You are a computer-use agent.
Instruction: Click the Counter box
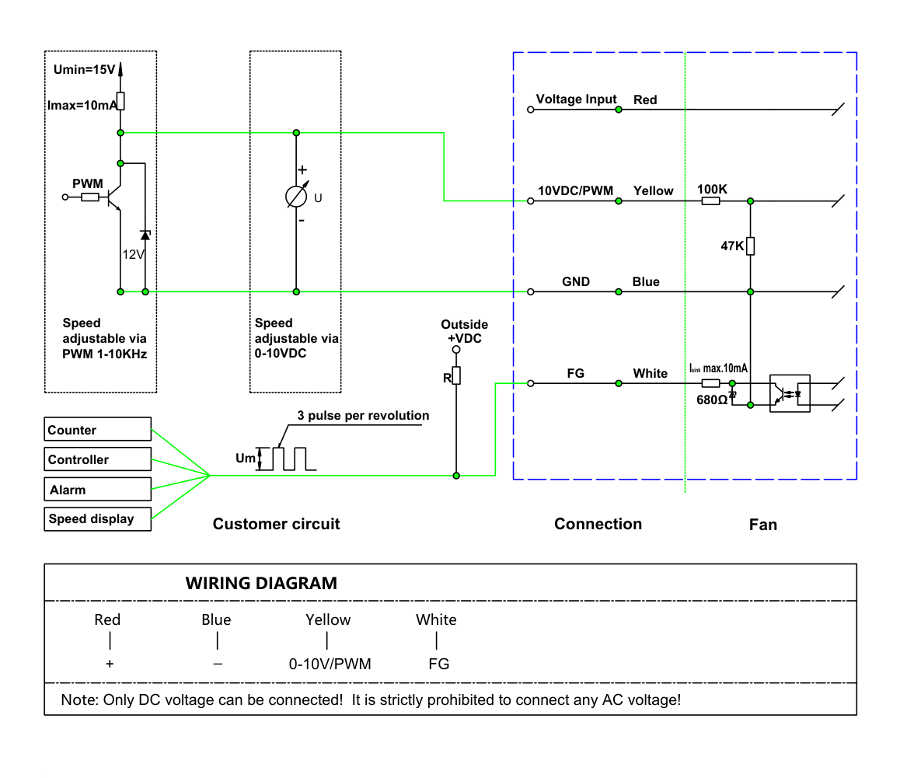coord(98,429)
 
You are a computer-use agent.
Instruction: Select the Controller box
coord(98,459)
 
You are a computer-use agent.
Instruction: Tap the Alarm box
coord(98,489)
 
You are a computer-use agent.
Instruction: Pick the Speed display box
coord(98,519)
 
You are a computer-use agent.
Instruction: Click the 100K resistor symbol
coord(710,201)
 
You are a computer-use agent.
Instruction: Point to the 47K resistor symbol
coord(750,246)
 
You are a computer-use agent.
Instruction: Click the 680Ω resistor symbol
coord(710,383)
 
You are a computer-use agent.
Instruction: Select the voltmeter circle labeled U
coord(296,197)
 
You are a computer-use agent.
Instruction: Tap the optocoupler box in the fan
coord(790,393)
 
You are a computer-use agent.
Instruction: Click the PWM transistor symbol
coord(113,197)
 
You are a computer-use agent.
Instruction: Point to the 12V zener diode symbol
coord(145,235)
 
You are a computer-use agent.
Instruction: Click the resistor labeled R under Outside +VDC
coord(456,375)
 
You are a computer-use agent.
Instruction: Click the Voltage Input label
coord(576,99)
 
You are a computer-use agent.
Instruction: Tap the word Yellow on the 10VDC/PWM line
coord(653,190)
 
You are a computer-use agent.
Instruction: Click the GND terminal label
coord(576,281)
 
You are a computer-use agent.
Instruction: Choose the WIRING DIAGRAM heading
coord(261,584)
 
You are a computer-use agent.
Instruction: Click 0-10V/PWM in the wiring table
coord(330,664)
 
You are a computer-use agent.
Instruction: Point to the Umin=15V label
coord(85,69)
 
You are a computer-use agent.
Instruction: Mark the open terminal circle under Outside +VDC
coord(456,350)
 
